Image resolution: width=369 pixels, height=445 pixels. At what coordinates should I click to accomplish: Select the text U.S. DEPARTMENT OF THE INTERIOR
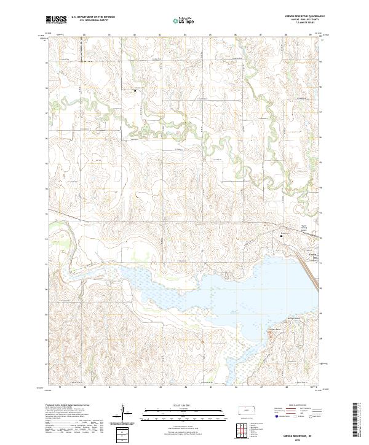coord(93,17)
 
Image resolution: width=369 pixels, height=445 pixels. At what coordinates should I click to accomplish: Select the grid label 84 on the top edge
coord(185,35)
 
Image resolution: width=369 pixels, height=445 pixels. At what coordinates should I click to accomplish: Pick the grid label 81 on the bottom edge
coord(109,387)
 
